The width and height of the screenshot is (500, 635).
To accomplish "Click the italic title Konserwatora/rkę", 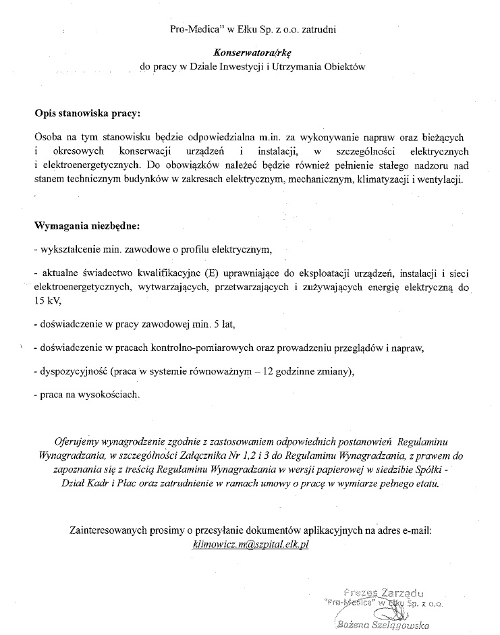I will point(250,50).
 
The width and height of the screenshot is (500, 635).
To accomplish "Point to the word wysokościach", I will point(108,394).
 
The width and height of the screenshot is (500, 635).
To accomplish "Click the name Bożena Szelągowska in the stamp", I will point(383,624).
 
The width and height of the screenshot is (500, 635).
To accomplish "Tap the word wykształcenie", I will point(68,249).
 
